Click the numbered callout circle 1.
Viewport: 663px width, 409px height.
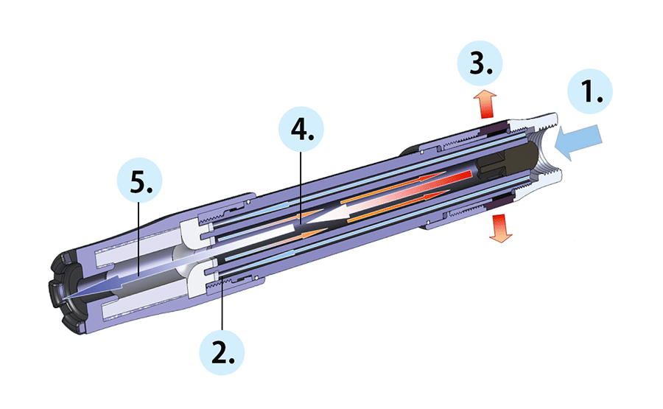click(x=590, y=91)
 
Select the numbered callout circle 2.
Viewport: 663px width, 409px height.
click(x=222, y=352)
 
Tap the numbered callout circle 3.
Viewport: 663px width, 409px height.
click(x=480, y=63)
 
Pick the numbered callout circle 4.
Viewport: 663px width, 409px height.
click(x=301, y=130)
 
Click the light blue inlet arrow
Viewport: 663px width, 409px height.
click(x=578, y=141)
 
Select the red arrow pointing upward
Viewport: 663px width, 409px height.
click(x=485, y=104)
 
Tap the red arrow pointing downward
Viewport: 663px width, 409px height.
click(x=501, y=228)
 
